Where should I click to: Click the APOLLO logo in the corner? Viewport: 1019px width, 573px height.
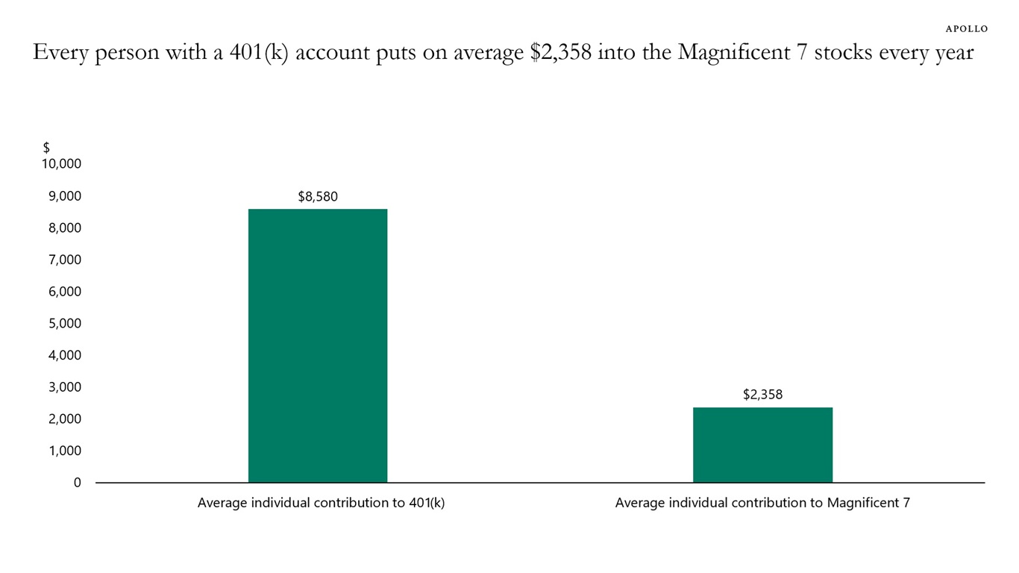click(x=966, y=28)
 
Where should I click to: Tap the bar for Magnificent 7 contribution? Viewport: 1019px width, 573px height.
click(x=762, y=445)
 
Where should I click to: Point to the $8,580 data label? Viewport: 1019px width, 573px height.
click(x=318, y=197)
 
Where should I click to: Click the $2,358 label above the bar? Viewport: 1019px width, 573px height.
click(x=762, y=395)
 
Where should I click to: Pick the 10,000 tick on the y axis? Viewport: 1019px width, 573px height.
click(x=61, y=164)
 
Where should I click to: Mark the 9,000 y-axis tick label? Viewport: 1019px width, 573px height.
click(x=64, y=196)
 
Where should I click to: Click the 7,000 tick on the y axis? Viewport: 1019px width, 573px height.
click(x=64, y=260)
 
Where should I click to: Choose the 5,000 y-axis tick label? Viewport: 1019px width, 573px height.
click(x=64, y=324)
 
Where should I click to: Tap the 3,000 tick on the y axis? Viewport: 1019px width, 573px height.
click(x=64, y=387)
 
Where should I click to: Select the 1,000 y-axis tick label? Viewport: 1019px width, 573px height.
click(x=64, y=451)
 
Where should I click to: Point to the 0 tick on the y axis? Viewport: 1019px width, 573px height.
click(x=77, y=483)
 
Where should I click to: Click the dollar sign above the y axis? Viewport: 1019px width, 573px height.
click(x=46, y=148)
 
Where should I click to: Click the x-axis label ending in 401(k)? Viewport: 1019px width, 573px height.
click(x=321, y=503)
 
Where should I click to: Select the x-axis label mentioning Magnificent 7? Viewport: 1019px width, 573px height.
click(x=762, y=503)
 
